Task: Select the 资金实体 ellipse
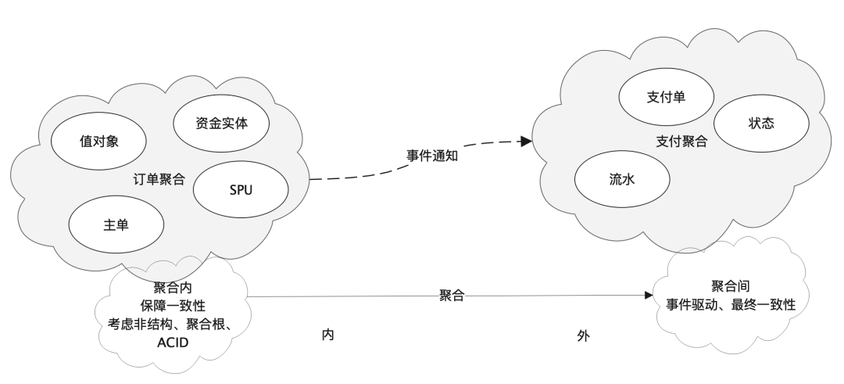[x=221, y=122]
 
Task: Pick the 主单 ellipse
[x=116, y=224]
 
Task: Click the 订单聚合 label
[x=159, y=179]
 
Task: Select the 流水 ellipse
[x=623, y=179]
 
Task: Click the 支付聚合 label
[x=681, y=142]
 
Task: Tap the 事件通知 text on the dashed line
[x=431, y=155]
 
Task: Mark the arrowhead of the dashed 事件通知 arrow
[x=527, y=142]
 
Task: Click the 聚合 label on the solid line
[x=452, y=296]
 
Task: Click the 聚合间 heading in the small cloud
[x=731, y=285]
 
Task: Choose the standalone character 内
[x=328, y=335]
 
